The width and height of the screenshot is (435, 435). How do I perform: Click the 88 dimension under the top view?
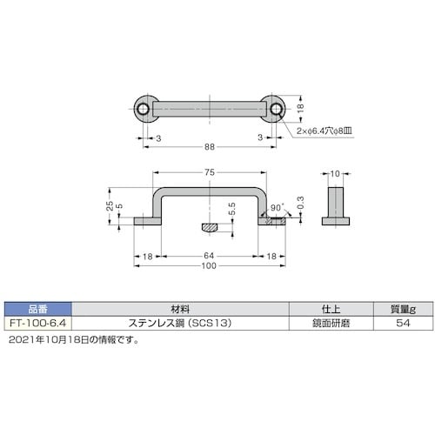(x=210, y=149)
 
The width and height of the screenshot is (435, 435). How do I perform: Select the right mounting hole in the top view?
(x=275, y=109)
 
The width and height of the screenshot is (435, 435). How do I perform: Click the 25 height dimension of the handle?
(x=110, y=205)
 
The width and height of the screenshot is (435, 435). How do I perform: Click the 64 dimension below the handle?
(x=210, y=256)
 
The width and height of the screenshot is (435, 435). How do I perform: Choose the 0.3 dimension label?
(x=301, y=204)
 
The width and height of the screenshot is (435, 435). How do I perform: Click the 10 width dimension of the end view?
(x=335, y=174)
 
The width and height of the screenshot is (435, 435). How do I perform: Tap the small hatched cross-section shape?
(x=211, y=228)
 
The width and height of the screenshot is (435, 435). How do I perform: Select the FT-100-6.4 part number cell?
(x=38, y=323)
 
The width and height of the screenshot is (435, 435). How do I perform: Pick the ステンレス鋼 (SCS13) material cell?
(x=178, y=323)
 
